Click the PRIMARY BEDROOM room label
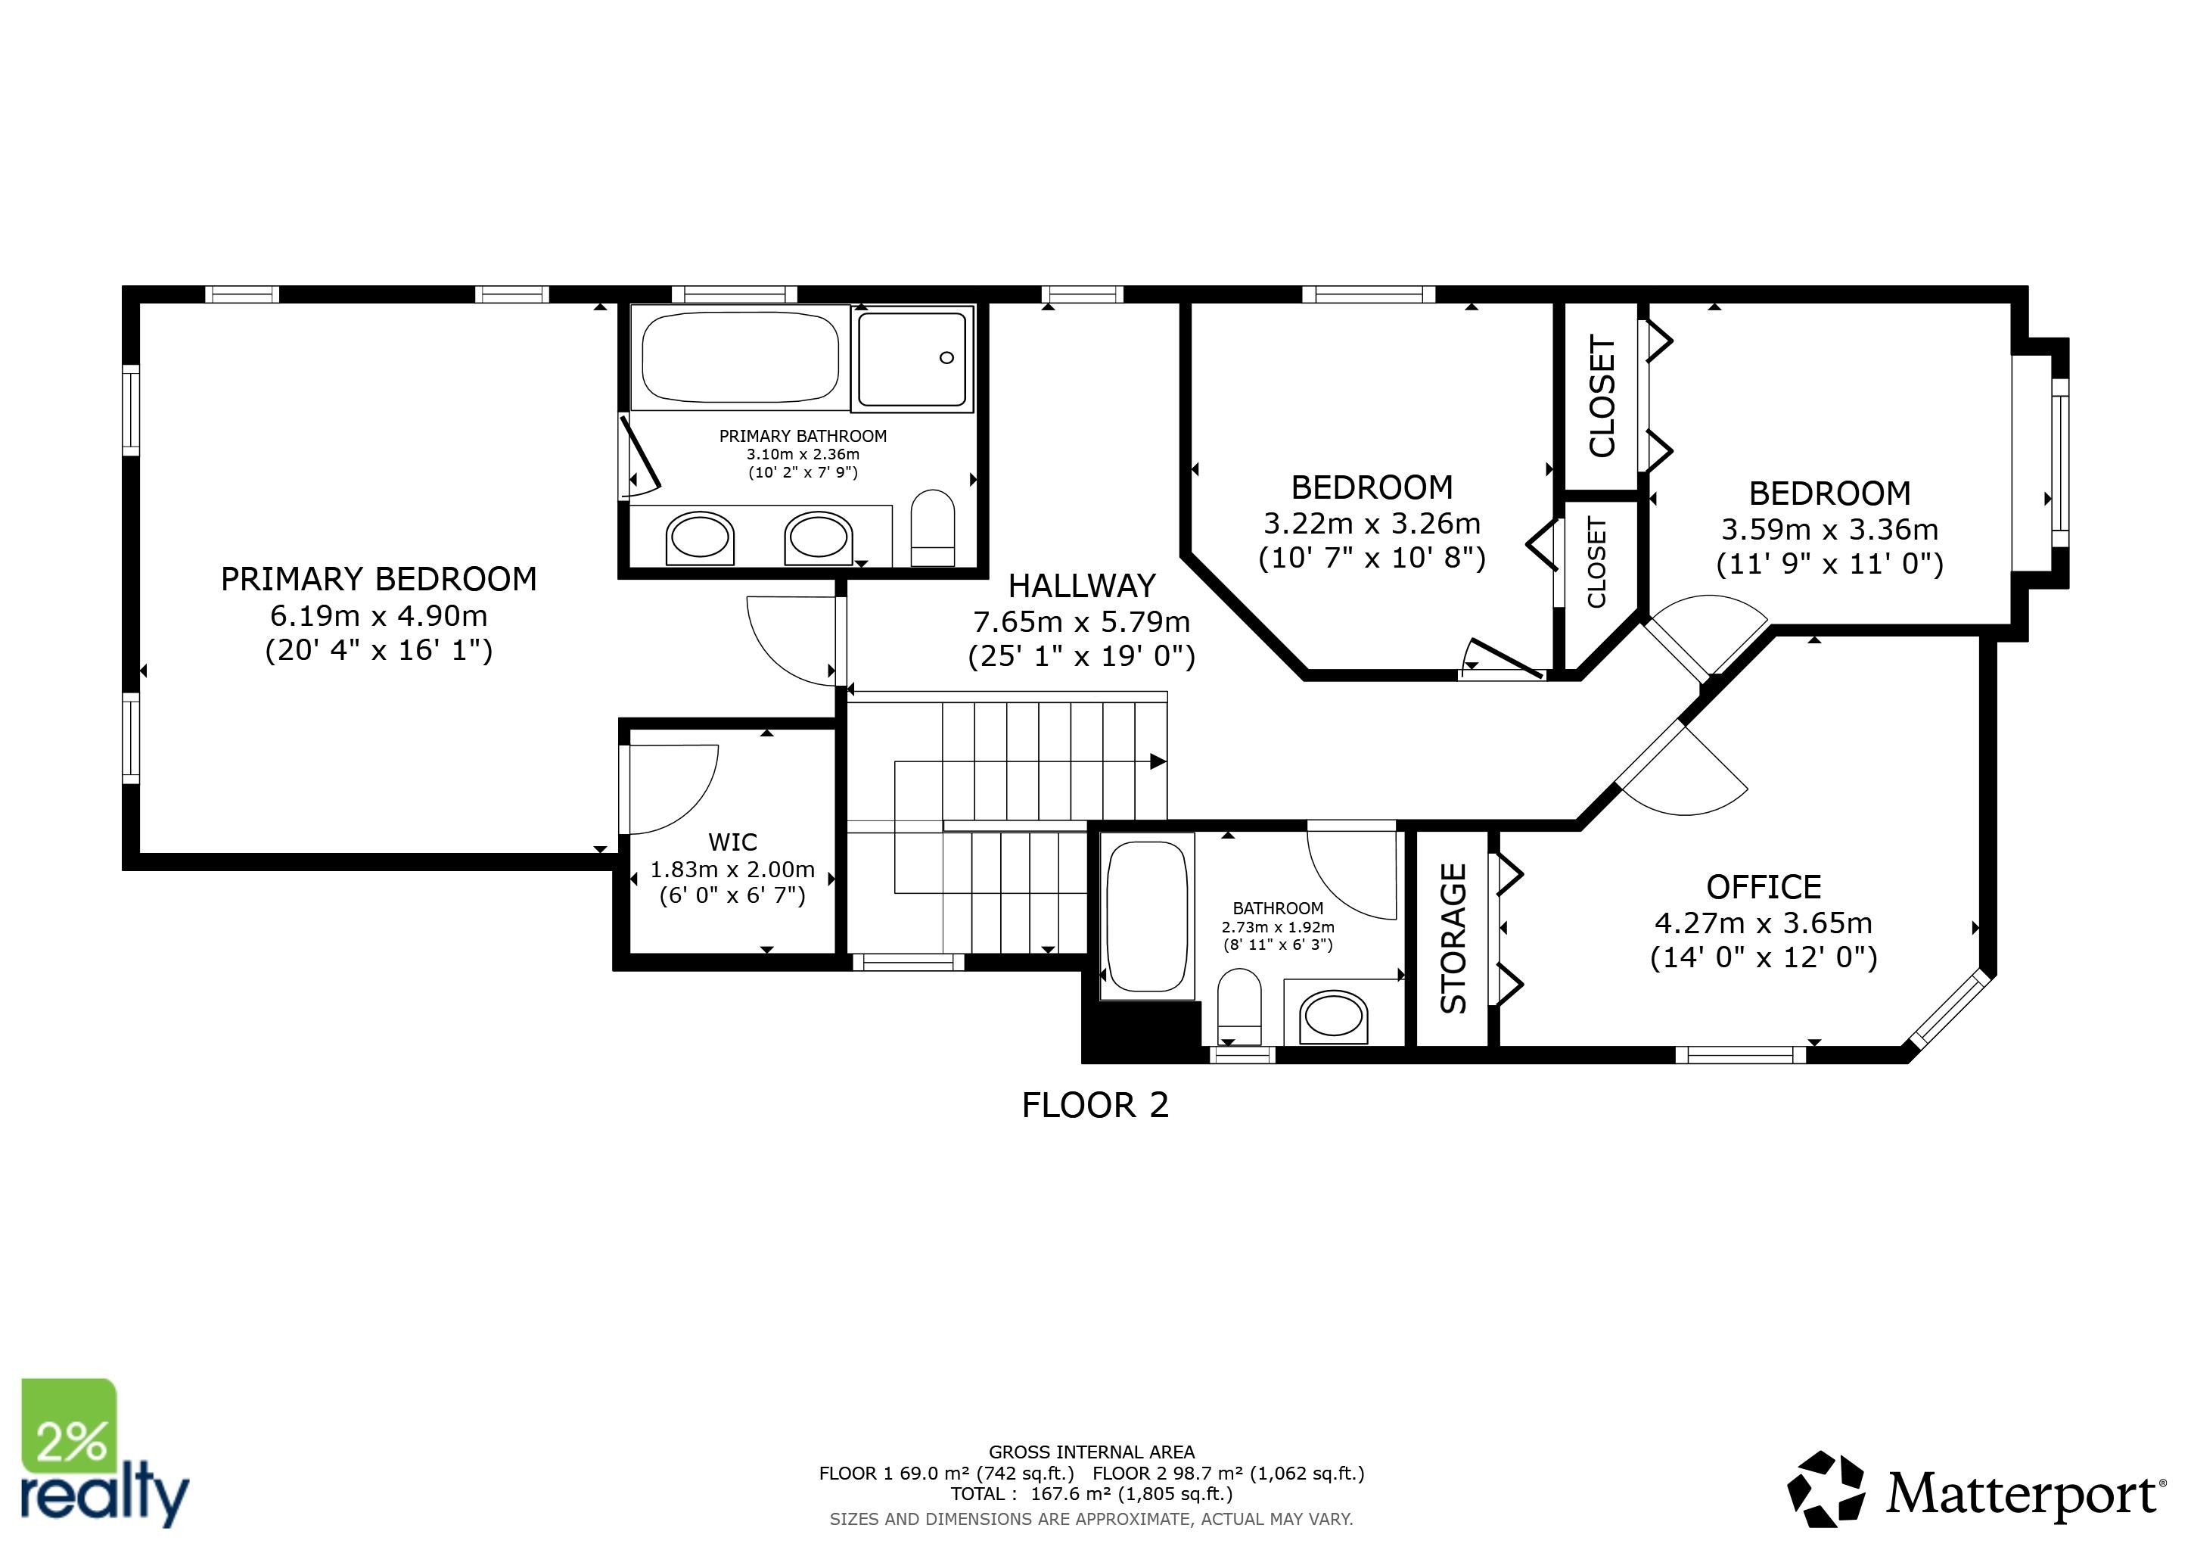(x=379, y=579)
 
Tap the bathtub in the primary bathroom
(x=741, y=357)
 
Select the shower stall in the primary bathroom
(x=912, y=358)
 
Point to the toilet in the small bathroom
(x=1239, y=1006)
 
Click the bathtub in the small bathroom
(x=1147, y=917)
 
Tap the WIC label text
(x=733, y=842)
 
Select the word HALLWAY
(x=1082, y=586)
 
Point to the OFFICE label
(x=1764, y=888)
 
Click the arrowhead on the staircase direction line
(x=1158, y=761)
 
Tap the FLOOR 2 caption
(x=1095, y=1105)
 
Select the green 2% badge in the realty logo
(x=70, y=1427)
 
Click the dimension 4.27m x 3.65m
(x=1764, y=923)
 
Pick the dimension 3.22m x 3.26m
(x=1372, y=523)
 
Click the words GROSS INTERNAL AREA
(x=1092, y=1452)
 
